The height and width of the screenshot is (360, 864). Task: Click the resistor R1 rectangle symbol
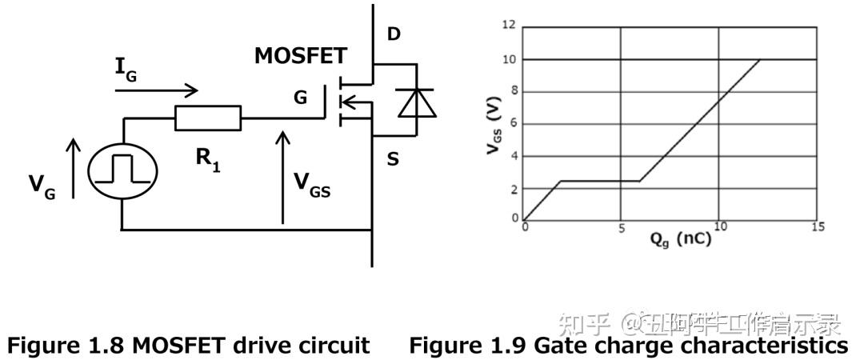tap(207, 118)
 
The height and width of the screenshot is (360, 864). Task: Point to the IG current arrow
tap(156, 90)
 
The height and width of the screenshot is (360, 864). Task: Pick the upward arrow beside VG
tap(73, 168)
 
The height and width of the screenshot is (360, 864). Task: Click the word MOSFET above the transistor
tap(301, 56)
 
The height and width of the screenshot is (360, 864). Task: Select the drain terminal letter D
tap(394, 35)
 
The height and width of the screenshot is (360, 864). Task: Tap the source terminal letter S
tap(393, 159)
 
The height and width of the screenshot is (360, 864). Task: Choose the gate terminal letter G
tap(300, 98)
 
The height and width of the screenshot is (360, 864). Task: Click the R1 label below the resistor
tap(207, 159)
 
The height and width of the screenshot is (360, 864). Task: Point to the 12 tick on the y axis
tap(509, 26)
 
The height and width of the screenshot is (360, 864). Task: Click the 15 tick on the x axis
tap(817, 228)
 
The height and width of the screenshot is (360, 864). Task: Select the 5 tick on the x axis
tap(621, 228)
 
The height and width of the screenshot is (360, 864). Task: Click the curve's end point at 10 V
tap(759, 60)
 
